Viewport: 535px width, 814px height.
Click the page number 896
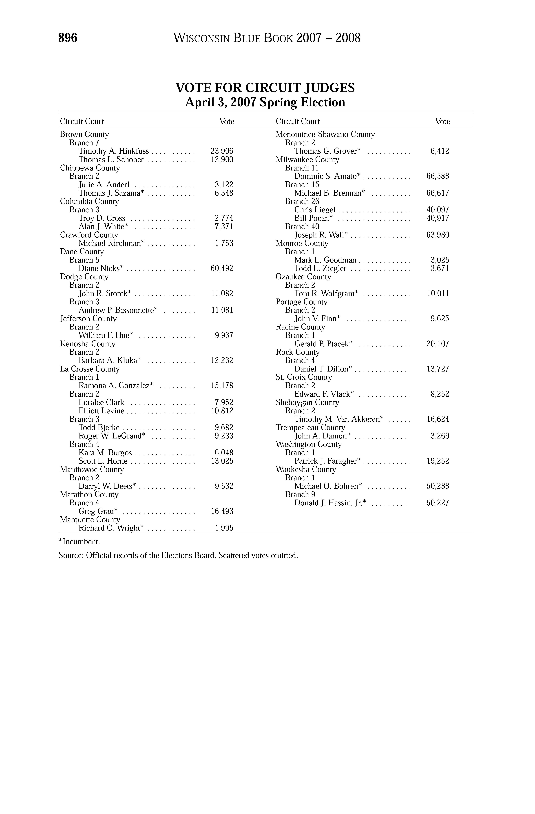click(68, 38)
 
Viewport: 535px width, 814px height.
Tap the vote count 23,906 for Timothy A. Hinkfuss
click(222, 151)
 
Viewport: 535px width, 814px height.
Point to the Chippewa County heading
click(90, 168)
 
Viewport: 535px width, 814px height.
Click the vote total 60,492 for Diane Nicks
click(222, 268)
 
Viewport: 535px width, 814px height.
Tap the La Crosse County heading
click(90, 369)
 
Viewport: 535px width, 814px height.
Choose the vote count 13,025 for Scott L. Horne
click(222, 461)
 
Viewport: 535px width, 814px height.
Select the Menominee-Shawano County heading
click(325, 134)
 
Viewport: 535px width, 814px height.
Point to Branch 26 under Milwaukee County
click(302, 201)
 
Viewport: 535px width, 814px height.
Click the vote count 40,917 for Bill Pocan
click(438, 218)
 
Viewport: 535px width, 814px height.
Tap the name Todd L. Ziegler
click(320, 268)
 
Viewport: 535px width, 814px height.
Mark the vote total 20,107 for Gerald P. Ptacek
click(438, 344)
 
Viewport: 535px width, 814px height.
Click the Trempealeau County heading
click(310, 427)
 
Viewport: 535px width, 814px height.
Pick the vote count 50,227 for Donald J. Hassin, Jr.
click(438, 503)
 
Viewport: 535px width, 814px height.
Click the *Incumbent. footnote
click(79, 542)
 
